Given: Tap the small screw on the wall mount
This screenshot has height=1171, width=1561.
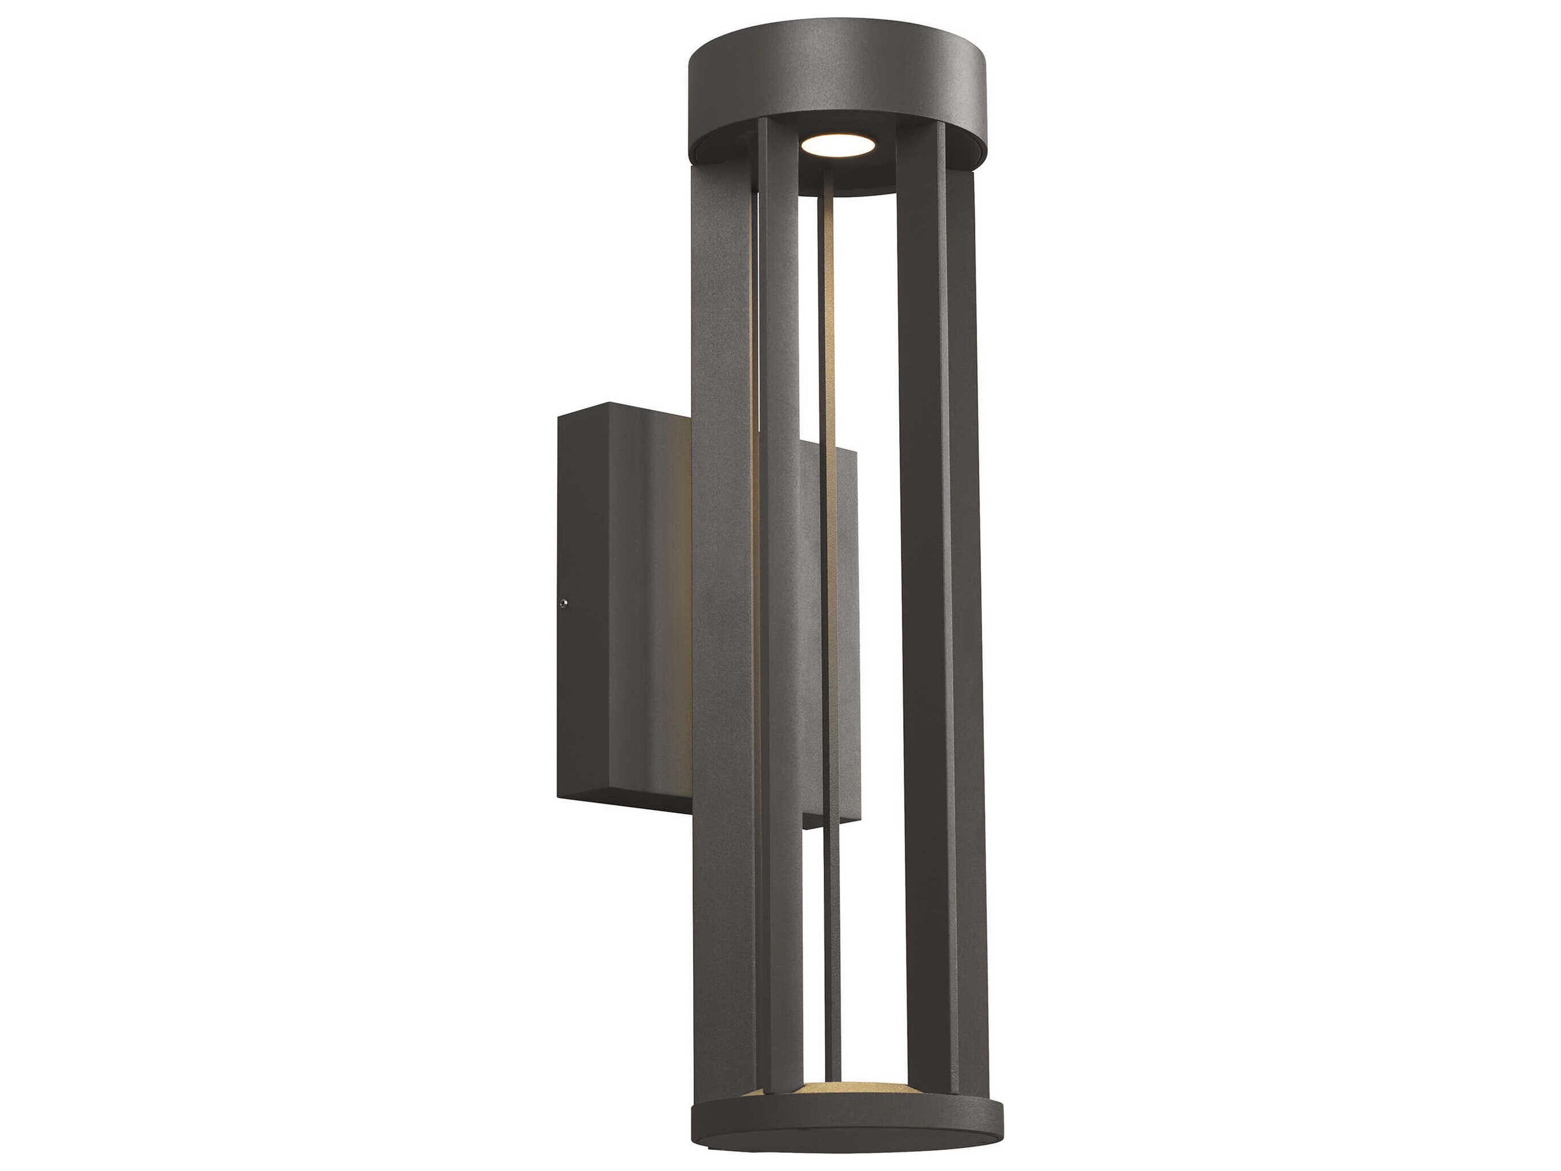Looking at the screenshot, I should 563,603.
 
